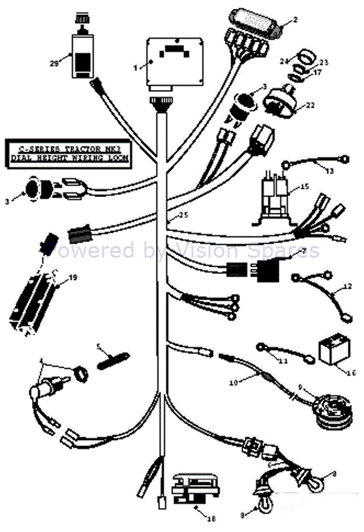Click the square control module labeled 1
click(x=175, y=62)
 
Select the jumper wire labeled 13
click(x=318, y=163)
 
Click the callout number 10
click(x=234, y=383)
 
